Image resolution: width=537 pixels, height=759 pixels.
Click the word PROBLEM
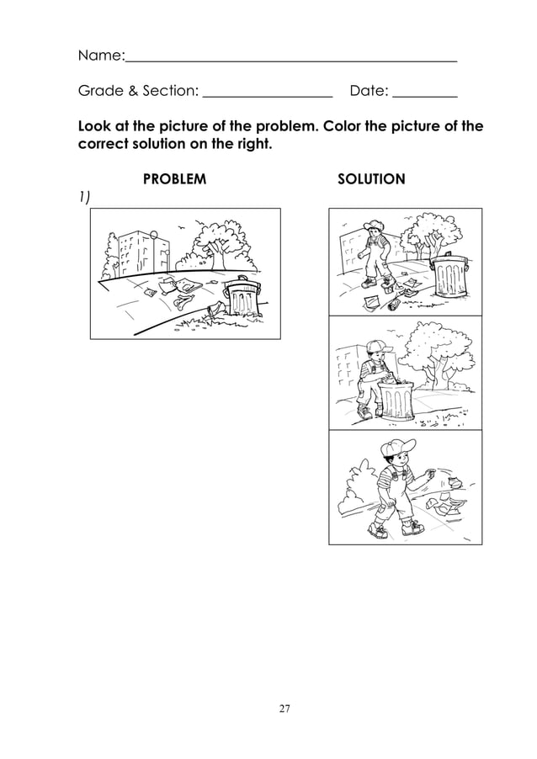174,179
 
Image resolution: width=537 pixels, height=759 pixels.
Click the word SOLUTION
370,179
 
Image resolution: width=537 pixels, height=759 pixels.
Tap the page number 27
284,709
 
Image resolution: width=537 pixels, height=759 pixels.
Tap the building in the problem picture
136,252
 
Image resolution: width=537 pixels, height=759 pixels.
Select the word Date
368,89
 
